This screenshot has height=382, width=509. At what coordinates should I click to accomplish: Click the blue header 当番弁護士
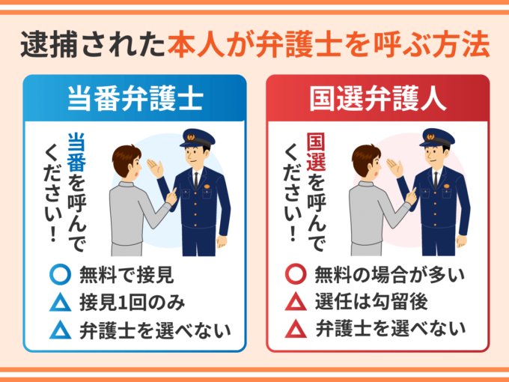pyautogui.click(x=135, y=98)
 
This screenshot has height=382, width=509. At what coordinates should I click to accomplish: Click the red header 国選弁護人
pyautogui.click(x=377, y=98)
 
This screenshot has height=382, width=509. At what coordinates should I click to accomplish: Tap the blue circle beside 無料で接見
pyautogui.click(x=61, y=274)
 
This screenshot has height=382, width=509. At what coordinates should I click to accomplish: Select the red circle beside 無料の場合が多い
pyautogui.click(x=296, y=274)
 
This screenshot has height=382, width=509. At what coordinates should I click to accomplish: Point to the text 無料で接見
pyautogui.click(x=127, y=275)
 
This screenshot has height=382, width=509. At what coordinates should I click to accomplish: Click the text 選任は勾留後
pyautogui.click(x=371, y=302)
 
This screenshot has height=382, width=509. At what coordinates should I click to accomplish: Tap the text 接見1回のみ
pyautogui.click(x=132, y=303)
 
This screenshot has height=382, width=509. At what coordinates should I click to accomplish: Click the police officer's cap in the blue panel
pyautogui.click(x=198, y=139)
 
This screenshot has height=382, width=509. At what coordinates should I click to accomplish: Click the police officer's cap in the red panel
pyautogui.click(x=437, y=139)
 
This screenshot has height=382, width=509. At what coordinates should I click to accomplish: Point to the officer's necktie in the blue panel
pyautogui.click(x=196, y=181)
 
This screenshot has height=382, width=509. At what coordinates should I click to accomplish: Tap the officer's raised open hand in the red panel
pyautogui.click(x=394, y=168)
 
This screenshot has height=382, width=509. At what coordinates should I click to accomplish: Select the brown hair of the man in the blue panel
pyautogui.click(x=125, y=159)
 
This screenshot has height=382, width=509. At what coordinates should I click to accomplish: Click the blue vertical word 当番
pyautogui.click(x=76, y=152)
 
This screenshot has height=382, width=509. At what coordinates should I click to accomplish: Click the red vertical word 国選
pyautogui.click(x=316, y=152)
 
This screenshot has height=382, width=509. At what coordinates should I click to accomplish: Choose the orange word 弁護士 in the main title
pyautogui.click(x=299, y=44)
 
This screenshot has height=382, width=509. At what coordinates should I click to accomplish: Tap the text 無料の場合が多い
pyautogui.click(x=390, y=275)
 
